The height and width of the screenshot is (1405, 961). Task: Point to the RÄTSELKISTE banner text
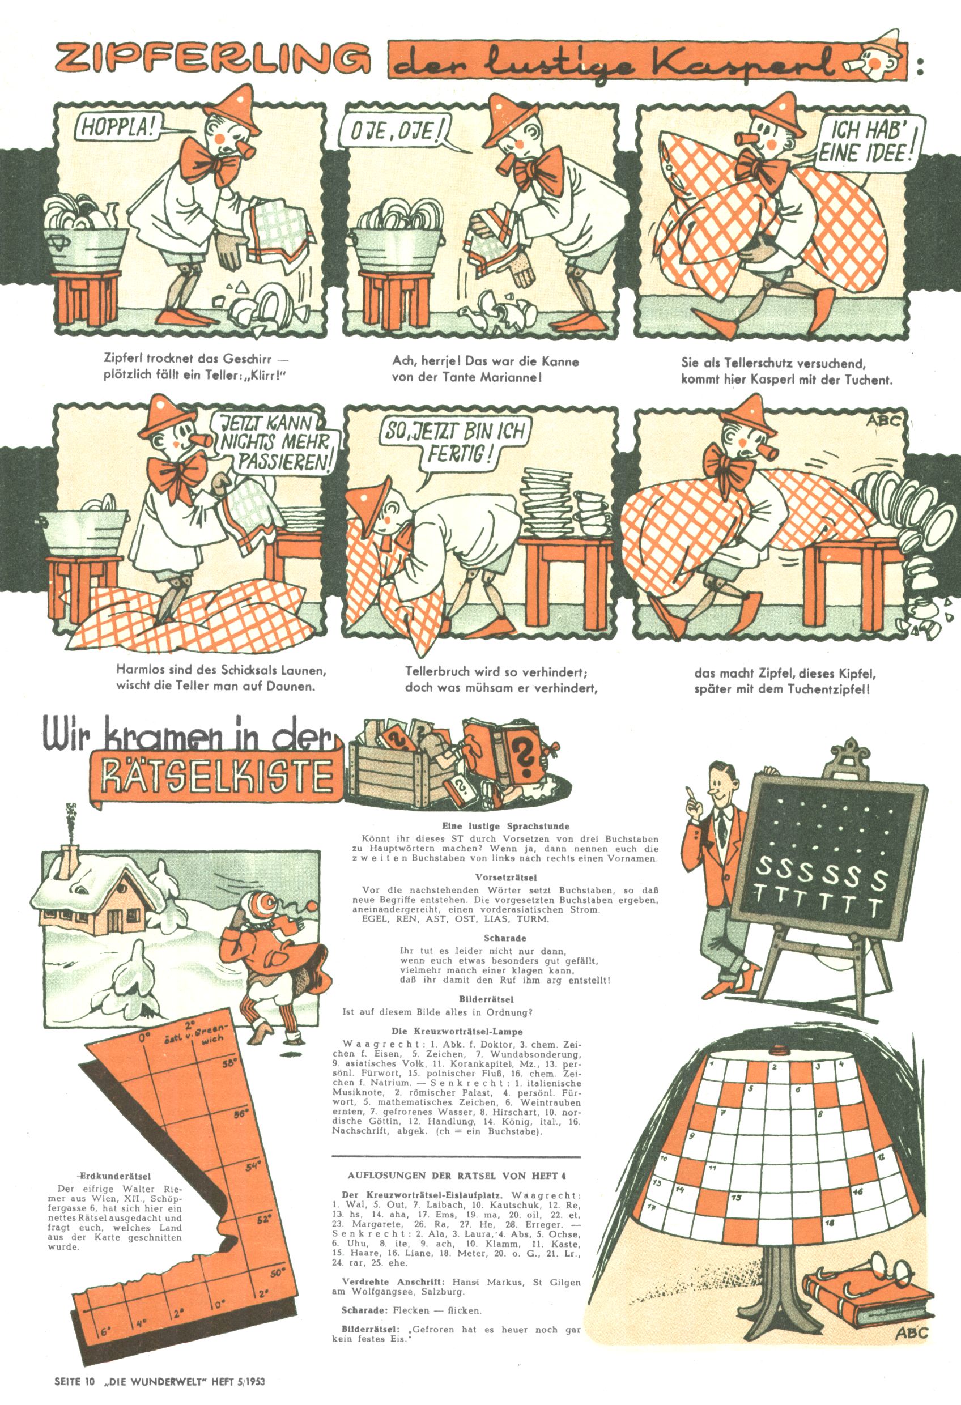coord(216,777)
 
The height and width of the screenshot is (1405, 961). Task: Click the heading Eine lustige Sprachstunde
coord(505,826)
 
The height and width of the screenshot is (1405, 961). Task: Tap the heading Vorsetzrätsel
coord(505,876)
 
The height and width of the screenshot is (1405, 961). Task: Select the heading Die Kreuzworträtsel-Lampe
coord(457,1032)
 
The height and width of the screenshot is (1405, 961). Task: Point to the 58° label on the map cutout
coord(230,1064)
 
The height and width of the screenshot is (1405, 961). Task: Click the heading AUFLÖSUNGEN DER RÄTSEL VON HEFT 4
coord(457,1176)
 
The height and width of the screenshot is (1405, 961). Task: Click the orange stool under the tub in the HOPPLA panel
coord(84,300)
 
